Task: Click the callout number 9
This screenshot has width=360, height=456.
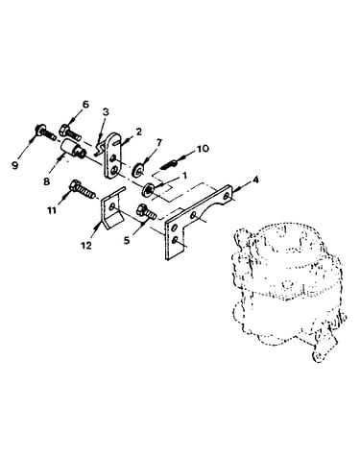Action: pos(15,166)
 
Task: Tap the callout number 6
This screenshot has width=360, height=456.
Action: pos(85,105)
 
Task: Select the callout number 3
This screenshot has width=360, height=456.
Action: pos(106,112)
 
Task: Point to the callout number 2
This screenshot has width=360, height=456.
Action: pos(138,132)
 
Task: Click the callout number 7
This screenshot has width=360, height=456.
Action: pos(159,142)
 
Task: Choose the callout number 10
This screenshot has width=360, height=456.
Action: pos(203,148)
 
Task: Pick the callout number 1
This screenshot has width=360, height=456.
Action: pos(184,176)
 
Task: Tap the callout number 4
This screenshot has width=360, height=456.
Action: pos(255,180)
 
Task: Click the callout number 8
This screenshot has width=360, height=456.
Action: pos(47,181)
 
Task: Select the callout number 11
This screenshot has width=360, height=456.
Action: pos(52,210)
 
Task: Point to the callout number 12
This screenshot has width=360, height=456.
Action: pos(86,245)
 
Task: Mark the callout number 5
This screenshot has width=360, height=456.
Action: pos(127,240)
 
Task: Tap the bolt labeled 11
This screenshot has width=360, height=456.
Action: pos(82,190)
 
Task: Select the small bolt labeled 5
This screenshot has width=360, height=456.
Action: pos(146,211)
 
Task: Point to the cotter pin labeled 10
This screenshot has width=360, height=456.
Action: pos(168,164)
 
